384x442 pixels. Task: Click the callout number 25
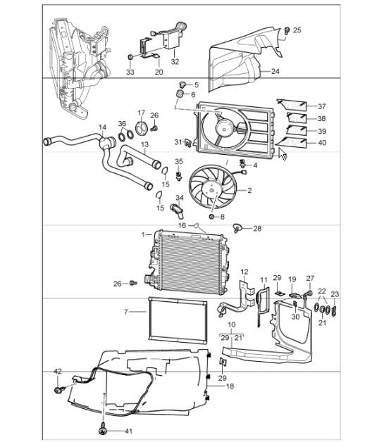[297, 30]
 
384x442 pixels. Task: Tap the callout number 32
[175, 62]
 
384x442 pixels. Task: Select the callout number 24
[274, 71]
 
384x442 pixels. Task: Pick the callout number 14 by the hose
[102, 128]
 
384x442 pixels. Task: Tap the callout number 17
[141, 113]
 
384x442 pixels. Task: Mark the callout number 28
[256, 229]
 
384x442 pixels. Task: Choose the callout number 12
[244, 271]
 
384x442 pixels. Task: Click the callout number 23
[335, 295]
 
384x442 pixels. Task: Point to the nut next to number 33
[130, 57]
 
